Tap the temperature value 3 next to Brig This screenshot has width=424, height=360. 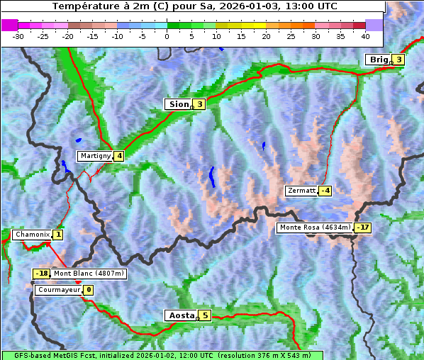click(399, 60)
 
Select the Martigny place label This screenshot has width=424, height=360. click(95, 156)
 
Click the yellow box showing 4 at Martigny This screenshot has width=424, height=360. click(119, 156)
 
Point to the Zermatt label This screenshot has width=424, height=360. click(301, 191)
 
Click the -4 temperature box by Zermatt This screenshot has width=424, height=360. click(325, 191)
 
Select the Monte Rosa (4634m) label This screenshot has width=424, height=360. click(315, 227)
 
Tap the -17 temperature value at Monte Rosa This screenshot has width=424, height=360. click(362, 227)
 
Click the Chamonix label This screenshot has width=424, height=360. click(32, 235)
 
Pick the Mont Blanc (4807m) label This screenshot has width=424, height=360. click(89, 274)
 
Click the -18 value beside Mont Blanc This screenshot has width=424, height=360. click(42, 274)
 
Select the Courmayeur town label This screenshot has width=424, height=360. click(58, 290)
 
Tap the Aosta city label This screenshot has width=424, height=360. click(181, 315)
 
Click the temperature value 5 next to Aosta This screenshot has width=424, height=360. click(205, 315)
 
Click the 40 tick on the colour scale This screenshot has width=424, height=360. click(365, 35)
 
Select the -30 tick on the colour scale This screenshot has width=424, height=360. click(18, 35)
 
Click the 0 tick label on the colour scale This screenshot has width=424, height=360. click(167, 35)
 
